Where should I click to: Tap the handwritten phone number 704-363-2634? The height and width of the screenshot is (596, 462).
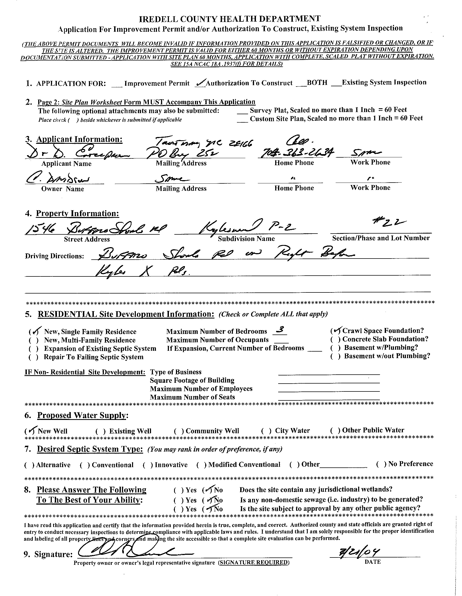(296, 153)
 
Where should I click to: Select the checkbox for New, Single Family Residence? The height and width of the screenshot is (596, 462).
(35, 332)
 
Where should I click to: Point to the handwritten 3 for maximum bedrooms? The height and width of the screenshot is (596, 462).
(280, 331)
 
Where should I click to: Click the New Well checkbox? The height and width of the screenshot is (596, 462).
(30, 431)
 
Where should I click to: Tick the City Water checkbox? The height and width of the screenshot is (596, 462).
(266, 431)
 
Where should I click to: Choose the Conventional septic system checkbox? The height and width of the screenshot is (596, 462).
(85, 465)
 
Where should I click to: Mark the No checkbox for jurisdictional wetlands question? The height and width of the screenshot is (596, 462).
(208, 490)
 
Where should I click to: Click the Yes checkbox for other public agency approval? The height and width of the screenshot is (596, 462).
(178, 509)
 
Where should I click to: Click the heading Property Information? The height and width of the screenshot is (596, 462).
(78, 213)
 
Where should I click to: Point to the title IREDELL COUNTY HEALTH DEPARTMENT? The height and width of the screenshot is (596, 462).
(230, 19)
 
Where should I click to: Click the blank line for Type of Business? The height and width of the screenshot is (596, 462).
(329, 372)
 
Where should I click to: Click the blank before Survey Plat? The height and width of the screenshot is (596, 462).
(242, 111)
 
